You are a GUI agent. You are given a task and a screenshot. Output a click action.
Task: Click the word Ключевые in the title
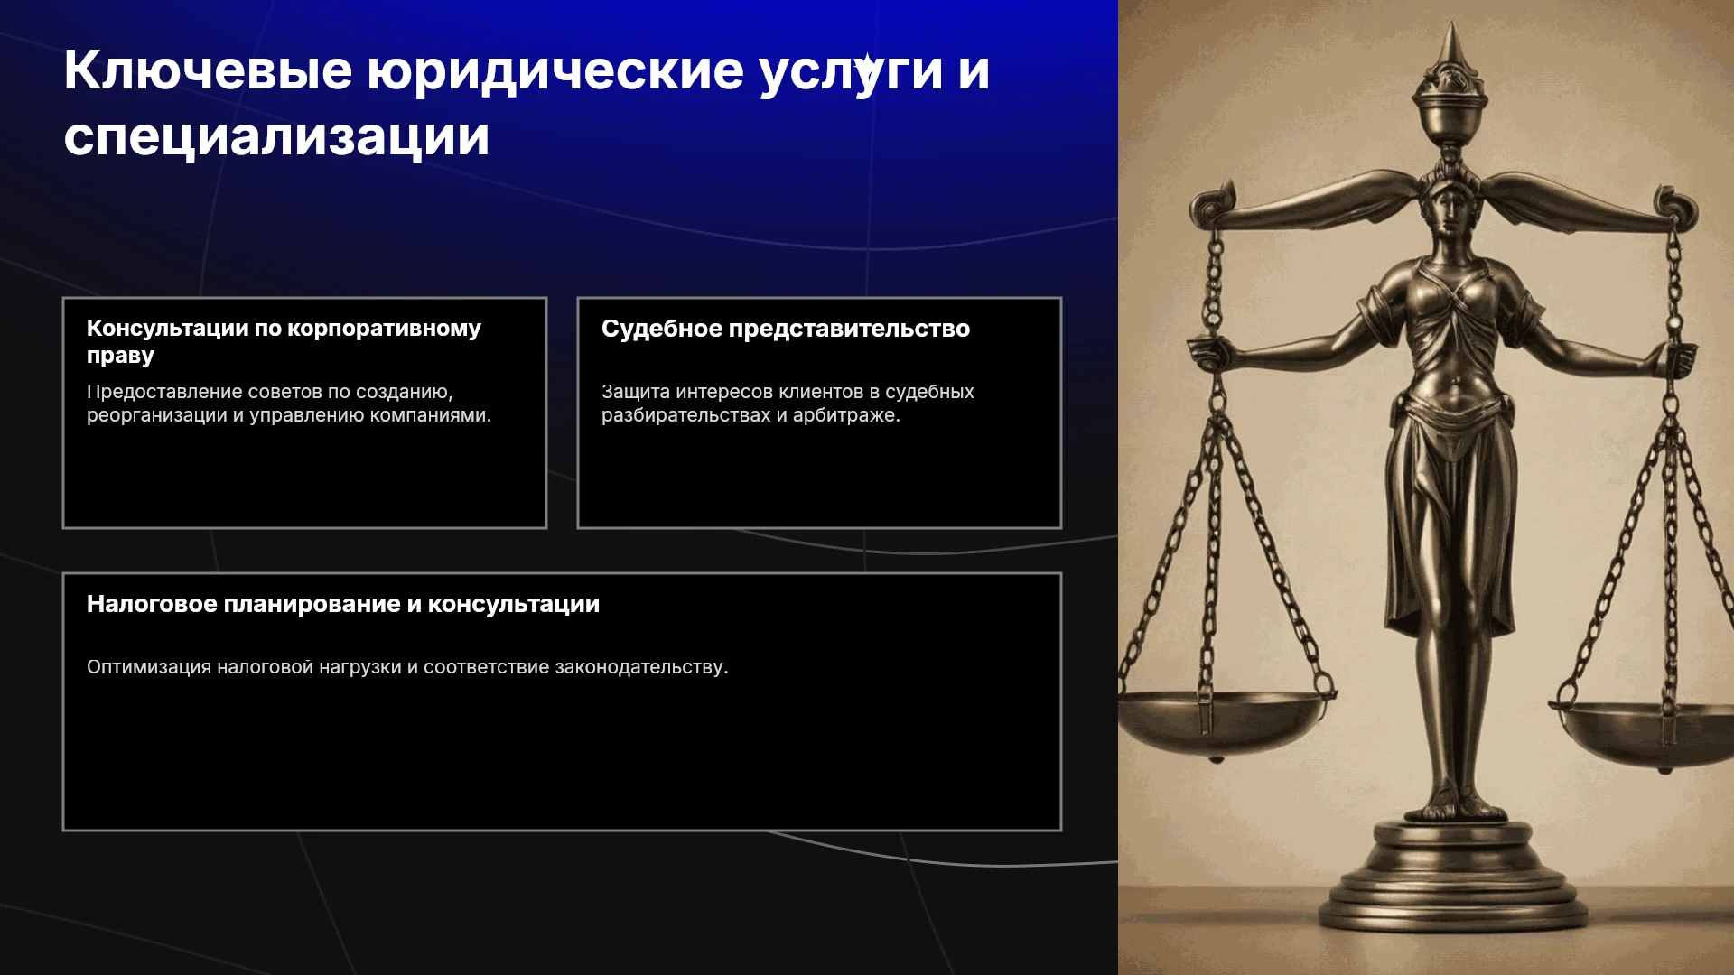pyautogui.click(x=208, y=70)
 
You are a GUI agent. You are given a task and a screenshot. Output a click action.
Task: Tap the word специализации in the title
pyautogui.click(x=276, y=137)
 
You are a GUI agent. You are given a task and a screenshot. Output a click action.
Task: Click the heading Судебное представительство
pyautogui.click(x=786, y=329)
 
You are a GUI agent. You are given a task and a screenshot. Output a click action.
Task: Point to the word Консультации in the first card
pyautogui.click(x=167, y=329)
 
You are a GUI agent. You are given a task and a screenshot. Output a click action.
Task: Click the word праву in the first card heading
pyautogui.click(x=120, y=356)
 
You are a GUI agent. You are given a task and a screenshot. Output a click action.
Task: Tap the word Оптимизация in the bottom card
pyautogui.click(x=149, y=667)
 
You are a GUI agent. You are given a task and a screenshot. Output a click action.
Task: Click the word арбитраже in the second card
pyautogui.click(x=846, y=416)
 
